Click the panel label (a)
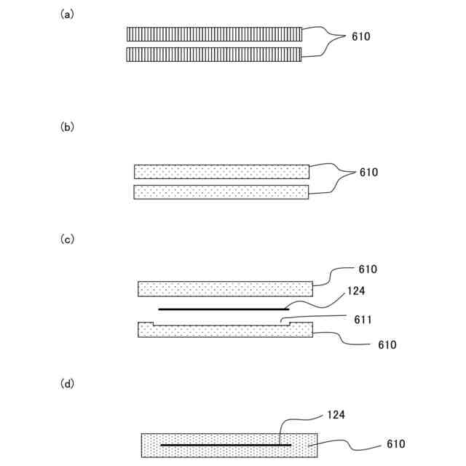(x=67, y=14)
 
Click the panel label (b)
(x=67, y=126)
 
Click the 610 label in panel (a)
(x=360, y=36)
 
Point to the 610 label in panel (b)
(x=368, y=173)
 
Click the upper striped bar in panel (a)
(x=214, y=34)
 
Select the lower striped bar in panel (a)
(x=214, y=55)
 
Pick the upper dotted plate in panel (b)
(x=221, y=172)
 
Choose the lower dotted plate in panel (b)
(x=221, y=191)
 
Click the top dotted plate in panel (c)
(x=225, y=288)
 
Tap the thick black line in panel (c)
(x=224, y=309)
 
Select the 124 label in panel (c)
(x=357, y=291)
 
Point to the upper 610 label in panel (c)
(x=368, y=269)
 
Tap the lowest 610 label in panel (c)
(x=387, y=345)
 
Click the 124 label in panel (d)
(x=336, y=414)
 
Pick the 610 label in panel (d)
(x=396, y=444)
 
